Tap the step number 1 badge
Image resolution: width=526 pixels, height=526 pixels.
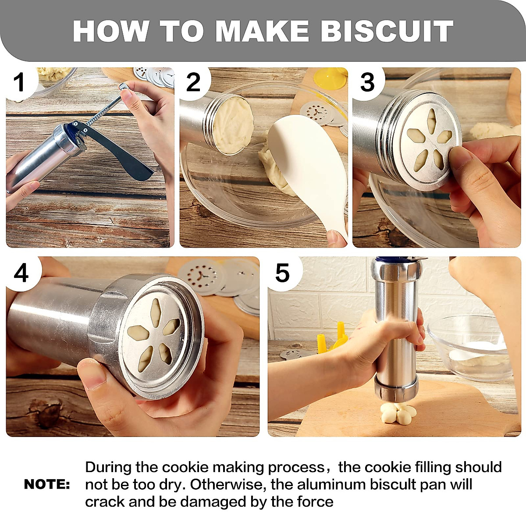19,82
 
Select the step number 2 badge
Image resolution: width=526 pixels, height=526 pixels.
193,82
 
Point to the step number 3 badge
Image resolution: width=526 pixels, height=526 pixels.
367,82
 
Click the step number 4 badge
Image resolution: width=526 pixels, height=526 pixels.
21,273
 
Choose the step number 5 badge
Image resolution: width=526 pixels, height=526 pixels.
282,273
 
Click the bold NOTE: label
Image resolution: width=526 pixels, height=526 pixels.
47,484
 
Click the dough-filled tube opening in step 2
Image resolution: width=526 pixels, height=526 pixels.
232,125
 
